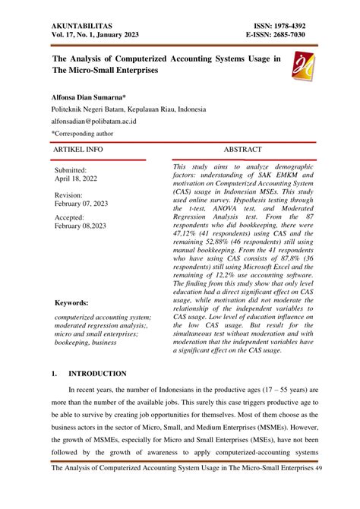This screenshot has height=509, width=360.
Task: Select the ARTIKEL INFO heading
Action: pyautogui.click(x=78, y=150)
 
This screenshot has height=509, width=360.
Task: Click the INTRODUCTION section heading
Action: pyautogui.click(x=98, y=375)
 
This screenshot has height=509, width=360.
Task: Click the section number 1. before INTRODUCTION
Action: pyautogui.click(x=54, y=375)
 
